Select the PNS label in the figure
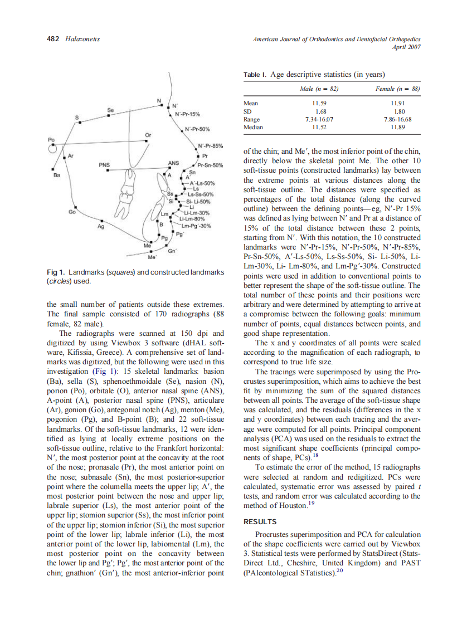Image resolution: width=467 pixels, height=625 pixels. tap(104, 165)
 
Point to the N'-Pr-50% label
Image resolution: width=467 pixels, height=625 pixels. tap(198, 130)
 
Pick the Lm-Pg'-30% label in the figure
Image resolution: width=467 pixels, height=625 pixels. tap(195, 226)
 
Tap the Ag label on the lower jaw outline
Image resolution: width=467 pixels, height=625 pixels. tap(101, 227)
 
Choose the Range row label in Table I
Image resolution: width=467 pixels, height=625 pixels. tap(252, 119)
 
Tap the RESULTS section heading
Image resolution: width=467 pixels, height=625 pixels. tap(260, 522)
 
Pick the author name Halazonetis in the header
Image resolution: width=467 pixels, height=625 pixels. tap(82, 38)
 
